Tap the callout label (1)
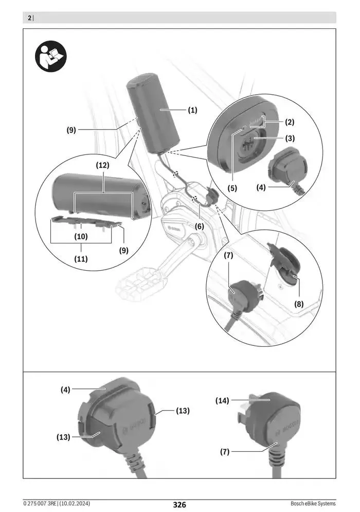(192, 110)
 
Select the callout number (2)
(290, 122)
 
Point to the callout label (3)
(290, 138)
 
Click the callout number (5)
(232, 188)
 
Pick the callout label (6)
(199, 226)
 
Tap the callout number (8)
(299, 304)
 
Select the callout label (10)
(81, 237)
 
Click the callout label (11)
(81, 259)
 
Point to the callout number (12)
(103, 166)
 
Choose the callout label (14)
(223, 400)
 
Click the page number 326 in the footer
(179, 504)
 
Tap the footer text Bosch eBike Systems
(313, 503)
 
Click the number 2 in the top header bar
(29, 18)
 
